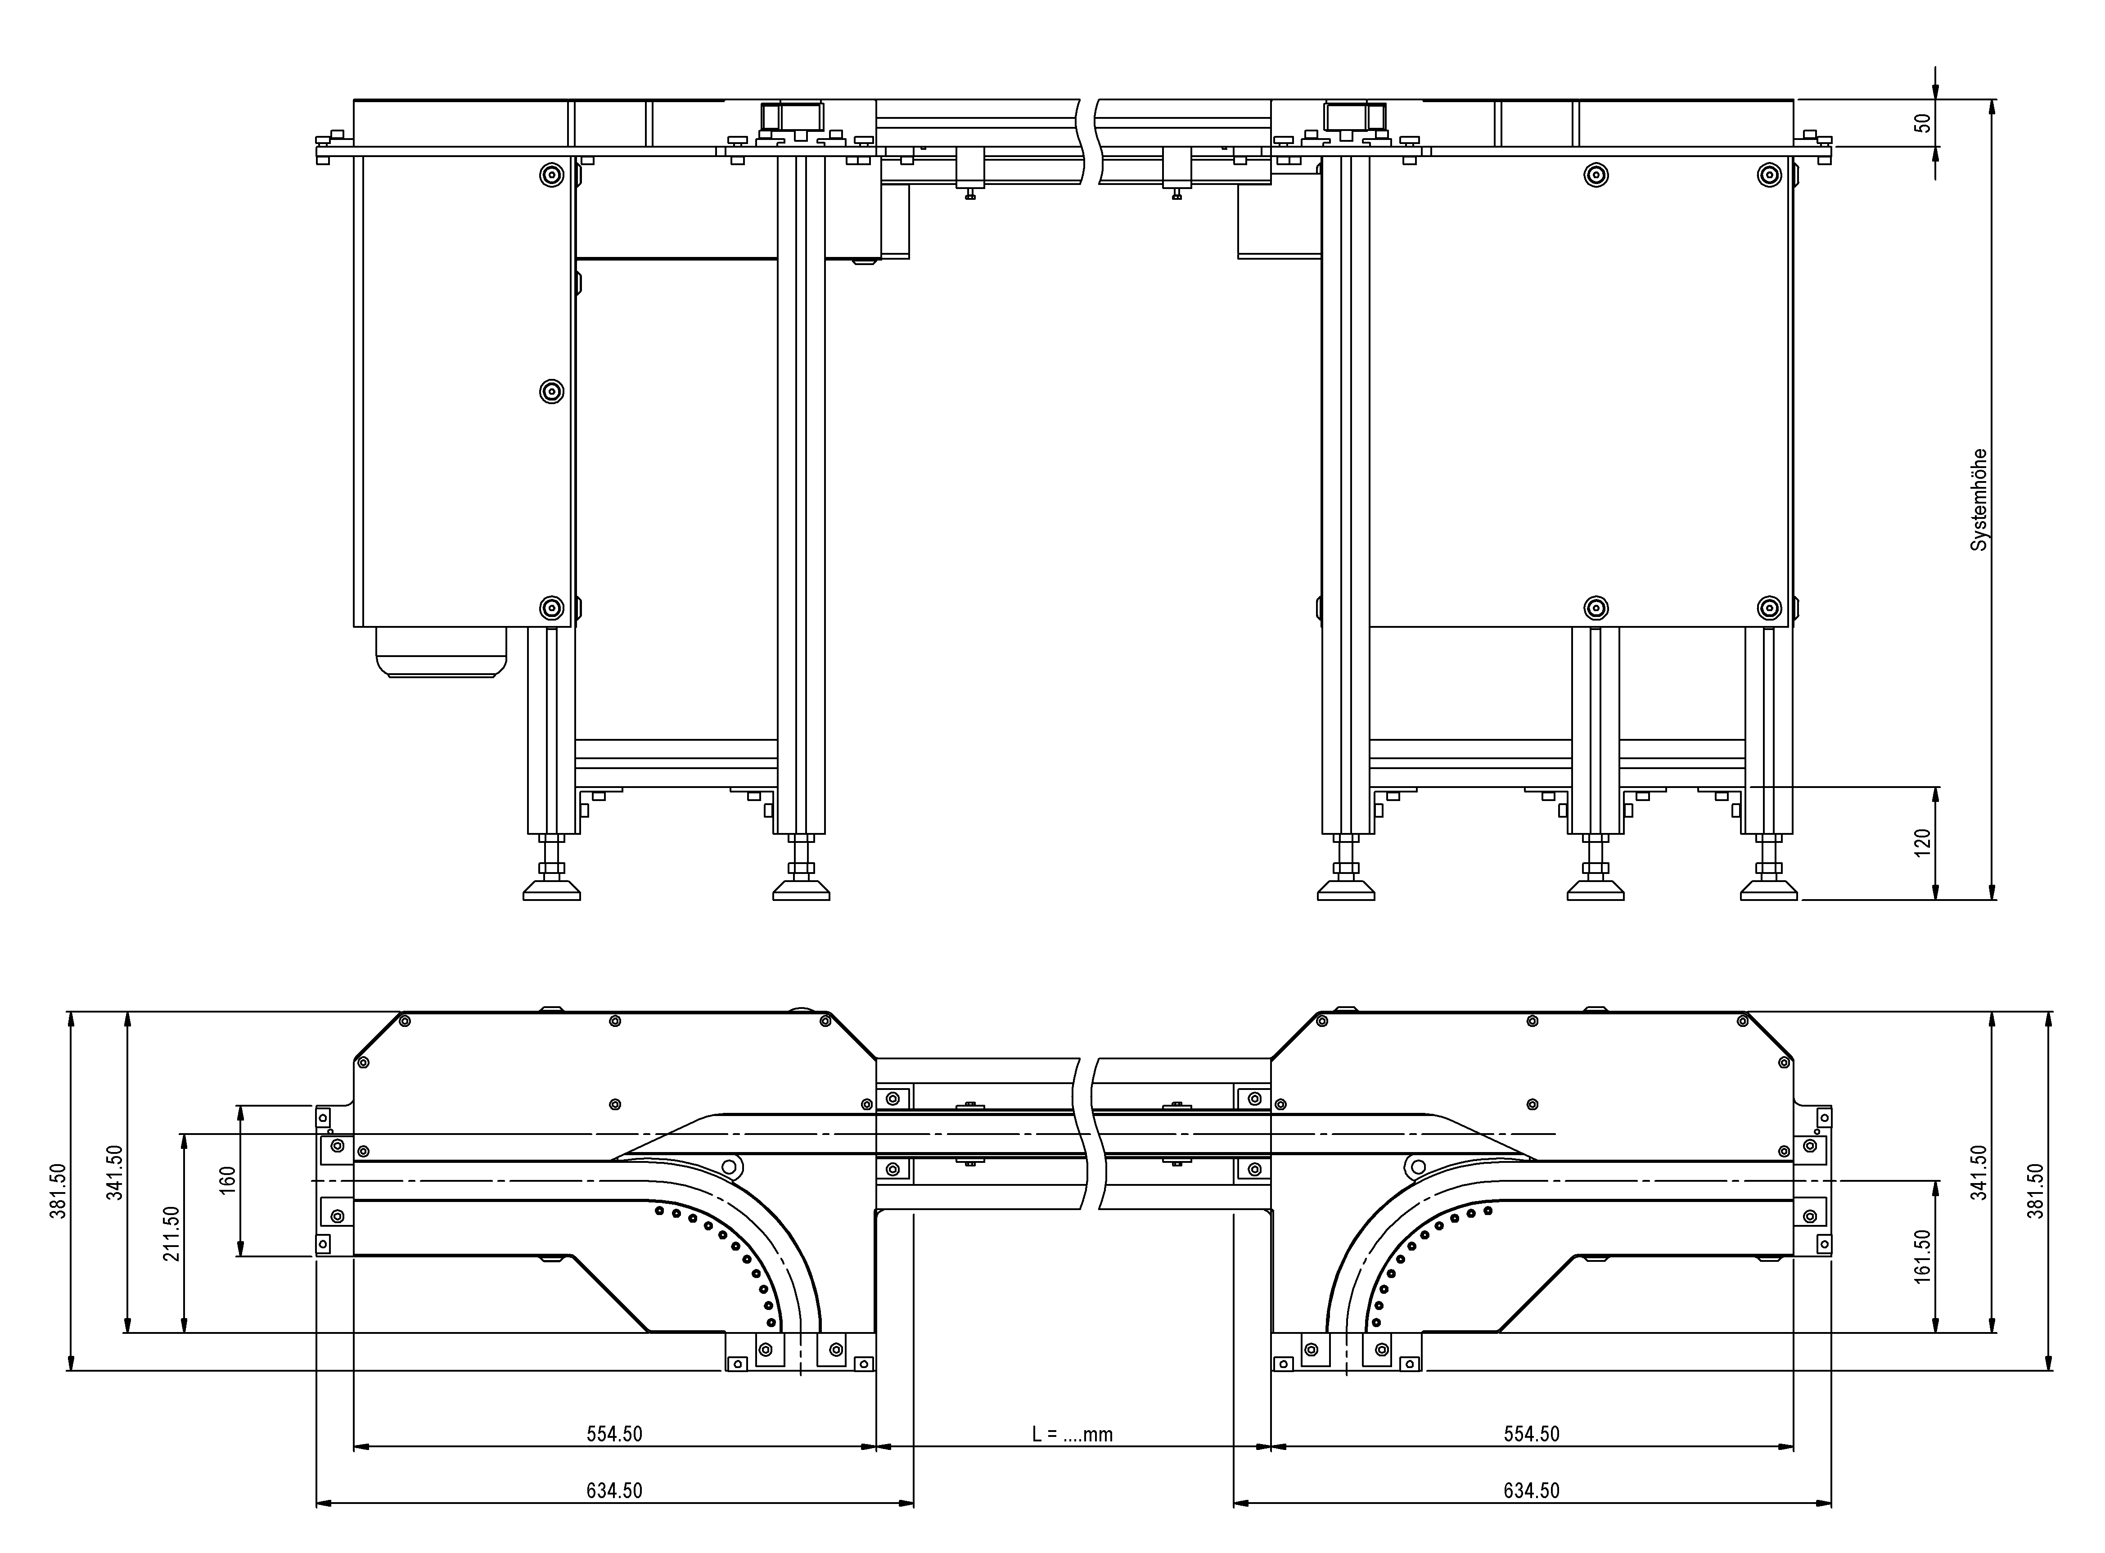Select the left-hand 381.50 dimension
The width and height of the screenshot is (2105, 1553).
(x=57, y=1191)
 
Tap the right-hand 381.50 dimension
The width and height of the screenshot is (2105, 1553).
(x=2035, y=1191)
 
